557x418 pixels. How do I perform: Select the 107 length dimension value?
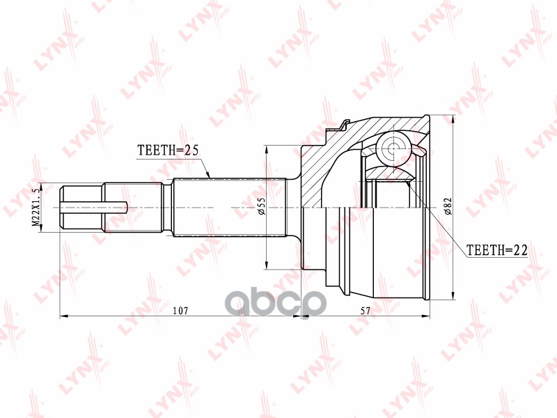[x=180, y=309]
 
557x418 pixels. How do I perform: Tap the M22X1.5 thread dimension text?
[x=34, y=206]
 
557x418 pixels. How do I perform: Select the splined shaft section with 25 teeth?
[x=230, y=207]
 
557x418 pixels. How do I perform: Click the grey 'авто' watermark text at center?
[x=278, y=301]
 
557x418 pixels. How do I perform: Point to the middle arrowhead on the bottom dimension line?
[x=301, y=316]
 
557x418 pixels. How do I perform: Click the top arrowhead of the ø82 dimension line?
[x=453, y=116]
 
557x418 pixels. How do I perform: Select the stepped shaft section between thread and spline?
[x=136, y=207]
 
